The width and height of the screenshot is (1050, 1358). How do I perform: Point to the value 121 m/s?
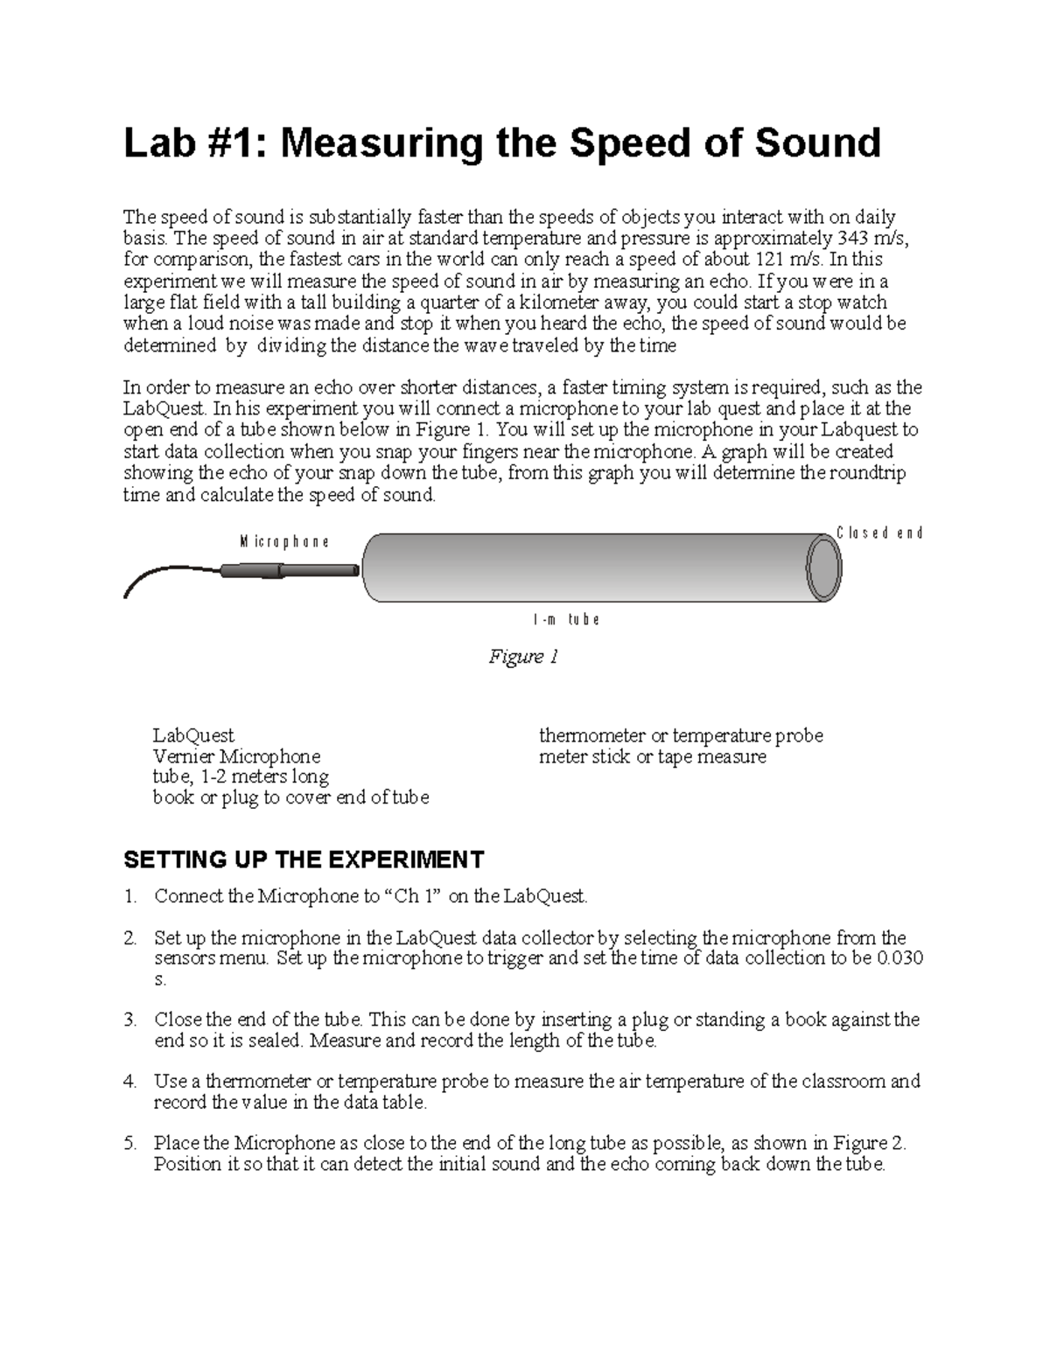785,260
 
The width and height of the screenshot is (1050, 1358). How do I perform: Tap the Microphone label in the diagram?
284,542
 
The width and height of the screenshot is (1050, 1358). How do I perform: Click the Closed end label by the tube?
879,533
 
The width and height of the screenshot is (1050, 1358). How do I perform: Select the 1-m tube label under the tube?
566,620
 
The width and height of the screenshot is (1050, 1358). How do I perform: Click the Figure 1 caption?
523,657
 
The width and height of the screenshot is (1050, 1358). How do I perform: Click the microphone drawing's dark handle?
250,570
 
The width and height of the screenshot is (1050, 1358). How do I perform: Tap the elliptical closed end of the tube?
822,568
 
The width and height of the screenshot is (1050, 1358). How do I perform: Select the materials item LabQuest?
193,735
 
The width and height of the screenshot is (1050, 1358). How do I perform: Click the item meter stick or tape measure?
652,756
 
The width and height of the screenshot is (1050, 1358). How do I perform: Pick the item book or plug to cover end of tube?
290,797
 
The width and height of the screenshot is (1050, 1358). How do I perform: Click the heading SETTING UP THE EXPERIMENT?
304,860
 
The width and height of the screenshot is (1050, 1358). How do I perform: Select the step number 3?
130,1020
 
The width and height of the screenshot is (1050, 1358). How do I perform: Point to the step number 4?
130,1082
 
